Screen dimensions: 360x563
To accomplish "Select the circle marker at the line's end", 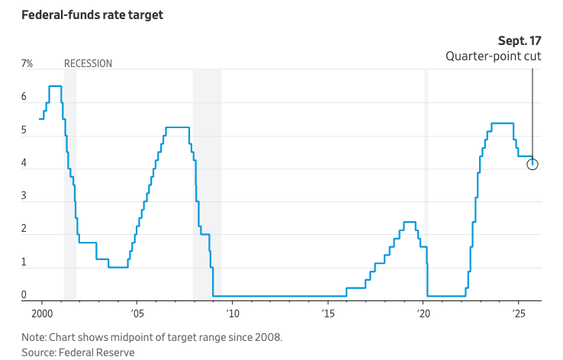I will (532, 164).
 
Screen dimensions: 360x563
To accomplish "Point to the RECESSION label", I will (88, 64).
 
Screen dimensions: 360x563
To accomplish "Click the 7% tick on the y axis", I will (27, 64).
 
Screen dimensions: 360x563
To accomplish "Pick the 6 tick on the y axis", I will (24, 98).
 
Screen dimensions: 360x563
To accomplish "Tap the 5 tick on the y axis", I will (24, 130).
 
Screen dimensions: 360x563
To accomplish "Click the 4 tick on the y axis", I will (24, 163).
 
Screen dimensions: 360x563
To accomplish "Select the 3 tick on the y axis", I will (24, 196).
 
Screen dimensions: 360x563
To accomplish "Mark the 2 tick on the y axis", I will (24, 229).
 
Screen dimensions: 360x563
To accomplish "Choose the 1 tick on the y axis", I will (24, 262).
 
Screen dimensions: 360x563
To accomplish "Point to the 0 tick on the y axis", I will (24, 295).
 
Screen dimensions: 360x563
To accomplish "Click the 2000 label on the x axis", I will (41, 313).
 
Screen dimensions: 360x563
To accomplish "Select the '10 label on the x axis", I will (232, 313).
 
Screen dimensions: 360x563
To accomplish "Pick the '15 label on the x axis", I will (327, 313).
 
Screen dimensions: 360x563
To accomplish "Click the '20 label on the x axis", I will (423, 313).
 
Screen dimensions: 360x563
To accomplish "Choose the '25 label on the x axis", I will (518, 313).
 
